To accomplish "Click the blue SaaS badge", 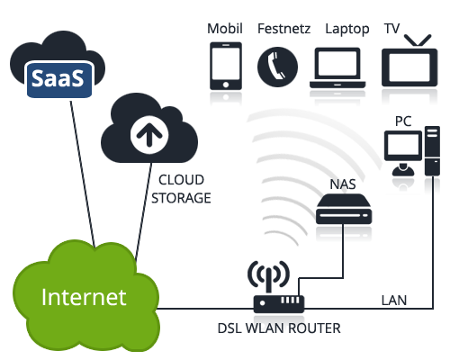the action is pos(59,79).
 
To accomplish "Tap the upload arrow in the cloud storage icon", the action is pos(149,134).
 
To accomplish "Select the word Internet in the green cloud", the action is pos(84,297).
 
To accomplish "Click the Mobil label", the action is pos(225,29).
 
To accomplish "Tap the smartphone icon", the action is pos(226,66).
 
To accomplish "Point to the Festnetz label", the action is pos(283,29).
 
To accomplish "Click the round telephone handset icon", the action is pos(277,67).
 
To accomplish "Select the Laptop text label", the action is pos(347,30).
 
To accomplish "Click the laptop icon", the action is pos(337,67).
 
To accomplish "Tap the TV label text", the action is pos(391,29).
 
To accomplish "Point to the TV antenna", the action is pos(418,40).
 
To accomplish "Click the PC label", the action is pos(403,121).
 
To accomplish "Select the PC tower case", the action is pos(432,151).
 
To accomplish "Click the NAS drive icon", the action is pos(344,209).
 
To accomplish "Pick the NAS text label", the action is pos(343,184).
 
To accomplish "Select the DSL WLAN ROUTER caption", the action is pos(279,328).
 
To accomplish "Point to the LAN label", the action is pos(394,301).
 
